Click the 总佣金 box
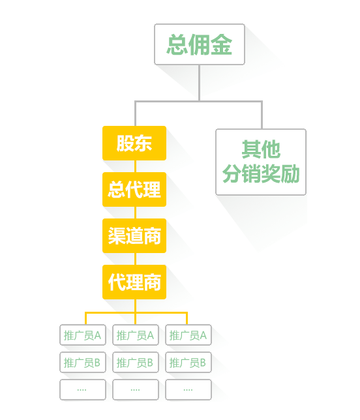point(200,44)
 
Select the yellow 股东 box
point(134,143)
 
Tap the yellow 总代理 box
point(134,189)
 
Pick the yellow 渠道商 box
point(134,235)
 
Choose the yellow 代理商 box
point(134,282)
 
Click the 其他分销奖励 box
point(261,162)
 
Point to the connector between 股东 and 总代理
point(135,166)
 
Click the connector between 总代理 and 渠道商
point(135,213)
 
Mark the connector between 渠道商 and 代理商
point(135,259)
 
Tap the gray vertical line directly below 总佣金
point(200,83)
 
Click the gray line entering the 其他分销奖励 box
point(262,115)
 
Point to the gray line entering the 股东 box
point(135,113)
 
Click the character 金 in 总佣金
point(221,45)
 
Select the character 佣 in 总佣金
point(200,45)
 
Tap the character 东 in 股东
point(143,143)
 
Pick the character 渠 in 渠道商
point(117,236)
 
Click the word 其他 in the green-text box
point(261,149)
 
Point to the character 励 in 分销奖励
point(290,173)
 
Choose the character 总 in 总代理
point(117,190)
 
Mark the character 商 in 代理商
point(152,282)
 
